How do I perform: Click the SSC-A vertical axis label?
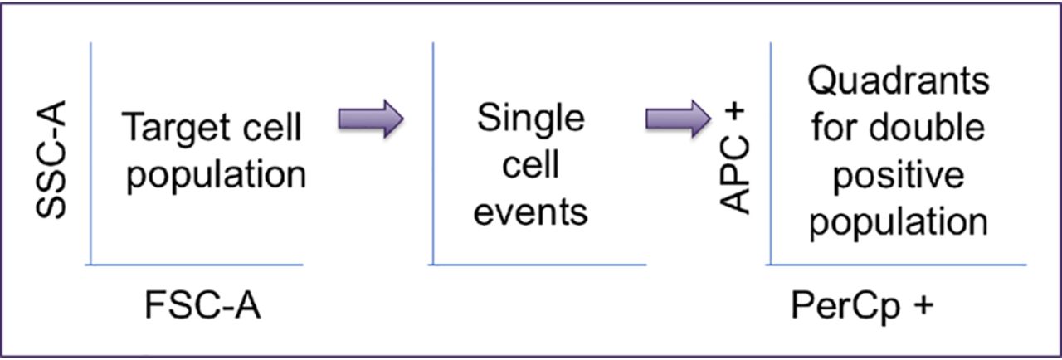(51, 159)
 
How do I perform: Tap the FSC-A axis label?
(202, 306)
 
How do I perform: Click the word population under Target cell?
(217, 176)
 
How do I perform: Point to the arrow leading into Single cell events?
(371, 119)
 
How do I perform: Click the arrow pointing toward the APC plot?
(679, 119)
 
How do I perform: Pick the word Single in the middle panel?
(531, 119)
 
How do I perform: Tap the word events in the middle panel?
(531, 212)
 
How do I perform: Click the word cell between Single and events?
(531, 165)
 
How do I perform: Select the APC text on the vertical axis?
(734, 175)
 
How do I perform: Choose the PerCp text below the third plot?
(845, 306)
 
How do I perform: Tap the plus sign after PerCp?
(923, 305)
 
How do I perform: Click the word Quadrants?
(899, 81)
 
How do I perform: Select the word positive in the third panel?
(899, 175)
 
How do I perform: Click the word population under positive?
(899, 222)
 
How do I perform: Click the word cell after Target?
(272, 128)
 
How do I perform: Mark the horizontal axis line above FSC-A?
(194, 265)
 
